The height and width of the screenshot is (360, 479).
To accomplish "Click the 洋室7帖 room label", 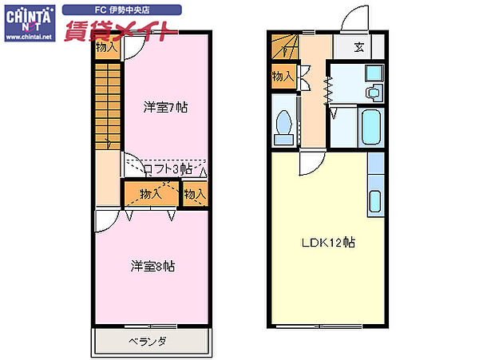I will point(165,106).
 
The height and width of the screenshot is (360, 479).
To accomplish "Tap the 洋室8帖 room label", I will point(152,267).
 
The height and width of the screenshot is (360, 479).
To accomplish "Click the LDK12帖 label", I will point(327,243).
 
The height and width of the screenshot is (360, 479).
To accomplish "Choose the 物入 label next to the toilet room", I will point(283,77).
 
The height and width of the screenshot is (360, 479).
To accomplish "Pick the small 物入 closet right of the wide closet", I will point(195,194).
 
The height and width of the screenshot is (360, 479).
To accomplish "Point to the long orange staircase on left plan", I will point(107,105).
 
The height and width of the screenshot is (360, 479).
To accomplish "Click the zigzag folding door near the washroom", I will point(326,89).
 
